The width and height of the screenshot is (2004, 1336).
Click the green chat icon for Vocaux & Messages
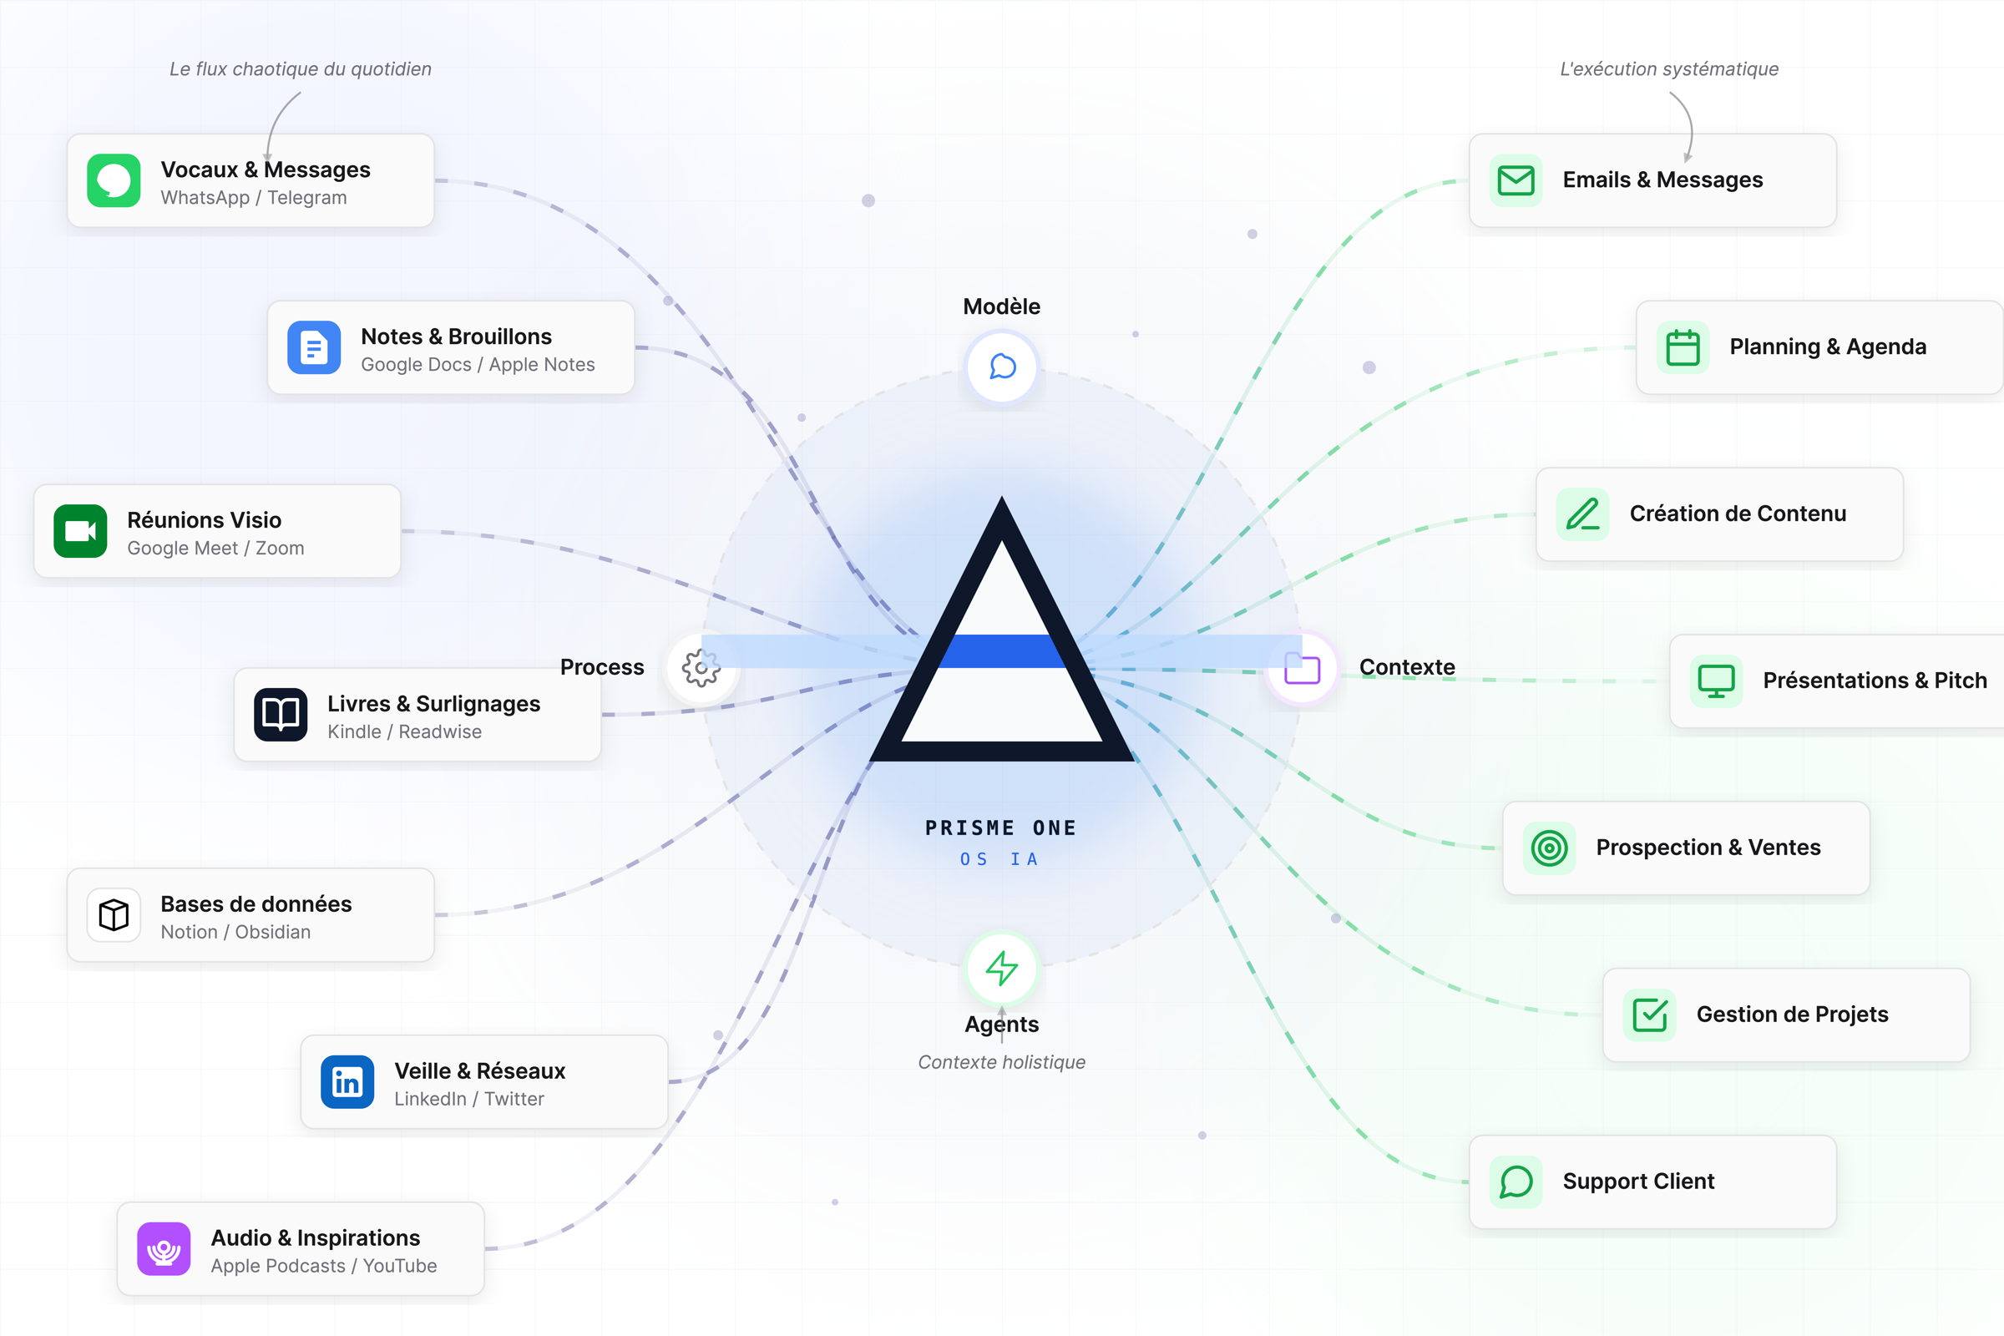point(114,180)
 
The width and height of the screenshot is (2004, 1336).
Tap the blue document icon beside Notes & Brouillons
point(314,347)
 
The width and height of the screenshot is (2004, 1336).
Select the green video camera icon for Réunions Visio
point(80,531)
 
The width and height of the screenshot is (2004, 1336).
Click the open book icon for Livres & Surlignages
point(281,715)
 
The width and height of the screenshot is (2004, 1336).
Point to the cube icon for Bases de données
point(114,915)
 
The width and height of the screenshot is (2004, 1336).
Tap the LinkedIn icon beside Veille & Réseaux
point(347,1082)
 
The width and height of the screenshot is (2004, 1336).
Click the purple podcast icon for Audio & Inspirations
point(164,1249)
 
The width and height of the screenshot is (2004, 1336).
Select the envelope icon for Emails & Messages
point(1516,180)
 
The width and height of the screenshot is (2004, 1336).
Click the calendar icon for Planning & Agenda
point(1683,347)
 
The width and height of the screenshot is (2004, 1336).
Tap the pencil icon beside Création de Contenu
point(1583,514)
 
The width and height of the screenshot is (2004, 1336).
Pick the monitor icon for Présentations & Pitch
point(1716,681)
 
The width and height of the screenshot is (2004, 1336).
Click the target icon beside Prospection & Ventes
point(1550,848)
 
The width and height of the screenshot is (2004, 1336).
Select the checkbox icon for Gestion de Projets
point(1650,1015)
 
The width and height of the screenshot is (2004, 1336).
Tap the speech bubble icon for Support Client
point(1516,1182)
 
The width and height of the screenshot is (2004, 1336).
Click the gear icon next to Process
point(701,668)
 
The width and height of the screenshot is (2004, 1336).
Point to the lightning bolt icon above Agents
point(1002,969)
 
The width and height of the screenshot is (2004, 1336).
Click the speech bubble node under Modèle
point(1002,367)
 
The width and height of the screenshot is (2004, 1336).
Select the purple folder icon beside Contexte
point(1302,668)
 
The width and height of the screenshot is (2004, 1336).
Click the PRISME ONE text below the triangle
point(1001,828)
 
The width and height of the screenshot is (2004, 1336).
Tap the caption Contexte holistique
point(1001,1062)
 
